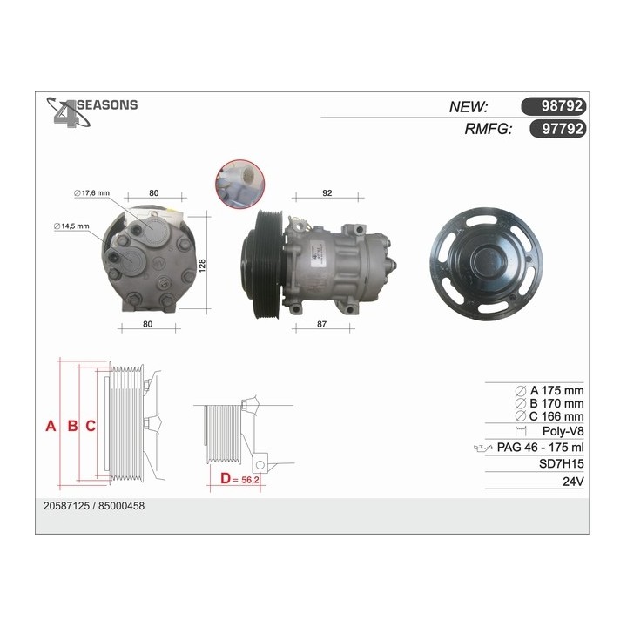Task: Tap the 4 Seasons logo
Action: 91,111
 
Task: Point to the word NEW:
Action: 468,106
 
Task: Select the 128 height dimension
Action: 202,264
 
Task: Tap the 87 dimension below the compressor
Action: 321,324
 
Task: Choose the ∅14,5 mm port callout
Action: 71,226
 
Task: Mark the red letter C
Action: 90,426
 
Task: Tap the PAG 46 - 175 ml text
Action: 540,448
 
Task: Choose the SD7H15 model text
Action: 562,464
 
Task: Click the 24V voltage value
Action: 572,481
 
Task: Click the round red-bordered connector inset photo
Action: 238,182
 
